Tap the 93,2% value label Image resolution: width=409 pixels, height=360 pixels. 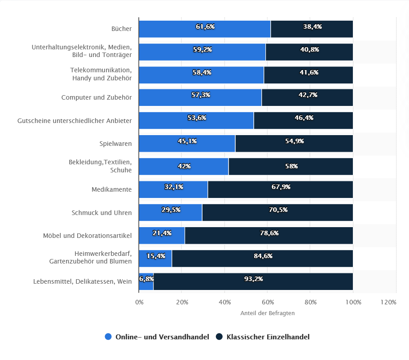[253, 279]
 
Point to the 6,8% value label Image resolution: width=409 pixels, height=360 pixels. [146, 279]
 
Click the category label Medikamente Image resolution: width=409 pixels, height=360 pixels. [111, 189]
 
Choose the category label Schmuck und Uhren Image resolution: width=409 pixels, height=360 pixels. [101, 212]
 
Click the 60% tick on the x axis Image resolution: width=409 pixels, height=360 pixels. [267, 302]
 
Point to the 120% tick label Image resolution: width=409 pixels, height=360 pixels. [388, 302]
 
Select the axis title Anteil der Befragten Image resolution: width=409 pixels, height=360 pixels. [267, 313]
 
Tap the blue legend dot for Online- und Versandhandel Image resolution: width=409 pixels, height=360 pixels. [108, 337]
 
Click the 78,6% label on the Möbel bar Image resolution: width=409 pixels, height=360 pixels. [269, 233]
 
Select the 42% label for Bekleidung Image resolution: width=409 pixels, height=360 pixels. [184, 166]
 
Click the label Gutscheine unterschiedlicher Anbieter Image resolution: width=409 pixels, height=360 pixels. [75, 121]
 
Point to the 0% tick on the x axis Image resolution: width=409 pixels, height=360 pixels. [139, 302]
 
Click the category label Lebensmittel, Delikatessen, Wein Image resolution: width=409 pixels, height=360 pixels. [83, 281]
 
